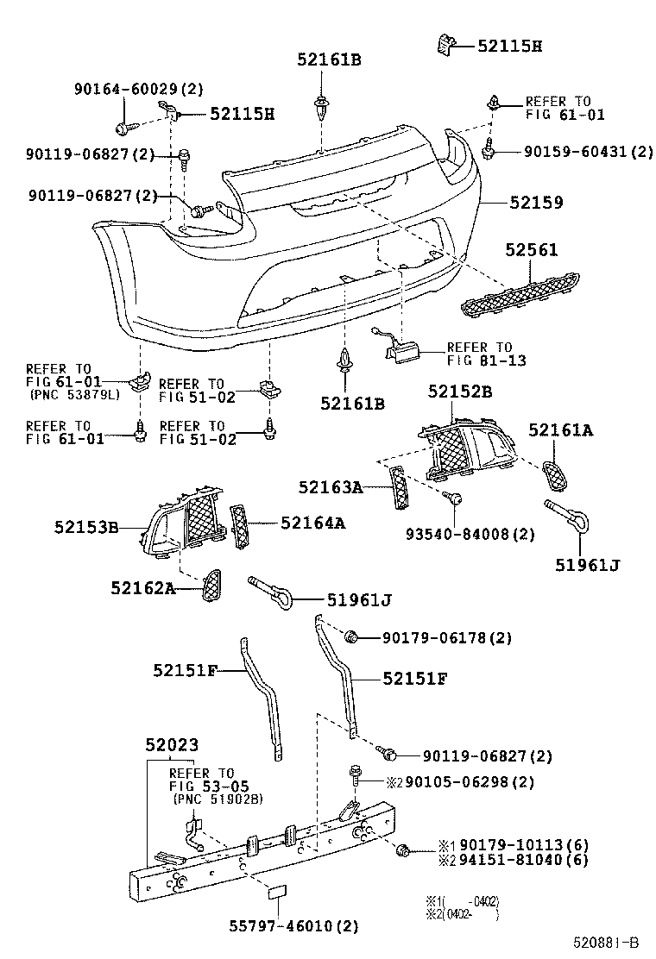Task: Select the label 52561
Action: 532,250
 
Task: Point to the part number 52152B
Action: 460,391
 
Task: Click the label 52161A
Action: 561,429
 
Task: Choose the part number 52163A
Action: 331,488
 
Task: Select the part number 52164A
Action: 312,523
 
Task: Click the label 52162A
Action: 142,588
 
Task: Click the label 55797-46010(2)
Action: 293,926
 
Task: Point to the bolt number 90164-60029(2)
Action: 138,89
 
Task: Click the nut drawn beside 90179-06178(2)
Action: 351,637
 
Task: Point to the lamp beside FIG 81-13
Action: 401,348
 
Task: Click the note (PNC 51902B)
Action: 218,799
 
